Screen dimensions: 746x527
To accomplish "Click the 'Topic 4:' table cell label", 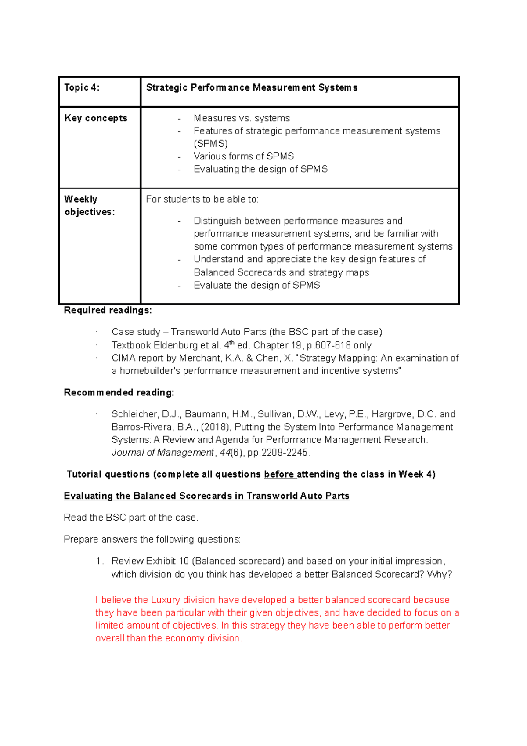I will point(82,87).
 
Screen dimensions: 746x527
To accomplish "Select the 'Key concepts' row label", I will point(96,118).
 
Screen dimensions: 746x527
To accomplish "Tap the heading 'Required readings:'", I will point(108,310).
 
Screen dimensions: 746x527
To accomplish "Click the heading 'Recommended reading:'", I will point(119,392).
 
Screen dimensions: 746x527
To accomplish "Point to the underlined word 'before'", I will point(279,474).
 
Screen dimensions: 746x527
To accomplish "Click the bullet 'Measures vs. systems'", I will point(242,118).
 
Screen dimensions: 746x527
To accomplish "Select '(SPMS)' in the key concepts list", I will point(211,144).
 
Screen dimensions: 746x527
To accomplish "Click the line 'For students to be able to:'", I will point(202,199).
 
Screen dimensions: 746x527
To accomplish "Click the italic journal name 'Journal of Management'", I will point(162,453).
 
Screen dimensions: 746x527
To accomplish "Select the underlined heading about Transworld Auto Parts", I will point(206,496).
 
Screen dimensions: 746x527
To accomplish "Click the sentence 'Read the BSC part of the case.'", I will point(131,518).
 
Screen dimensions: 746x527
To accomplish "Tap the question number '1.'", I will point(100,561).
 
